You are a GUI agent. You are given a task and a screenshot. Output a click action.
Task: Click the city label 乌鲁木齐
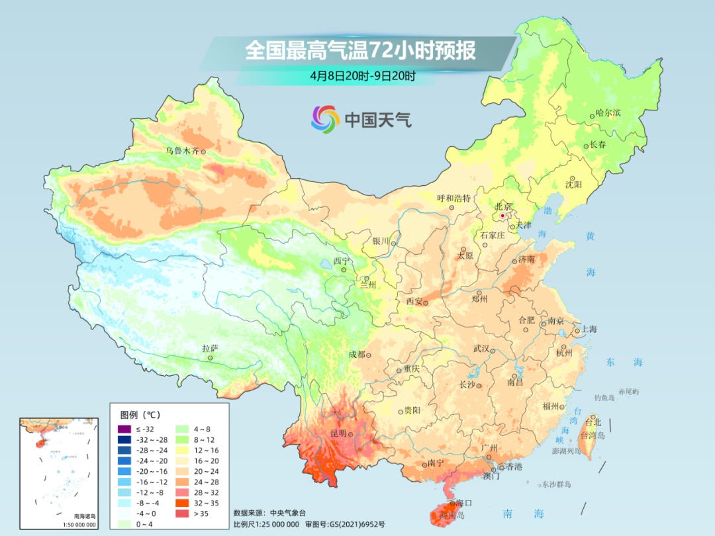pyautogui.click(x=181, y=151)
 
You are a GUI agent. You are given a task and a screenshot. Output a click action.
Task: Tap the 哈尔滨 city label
pyautogui.click(x=608, y=113)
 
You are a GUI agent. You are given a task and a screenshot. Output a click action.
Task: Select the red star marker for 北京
pyautogui.click(x=503, y=216)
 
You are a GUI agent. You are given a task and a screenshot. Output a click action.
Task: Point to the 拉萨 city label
pyautogui.click(x=210, y=348)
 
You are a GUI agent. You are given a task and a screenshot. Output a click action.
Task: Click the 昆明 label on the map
pyautogui.click(x=338, y=433)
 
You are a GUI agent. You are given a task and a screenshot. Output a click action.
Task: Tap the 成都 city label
pyautogui.click(x=356, y=355)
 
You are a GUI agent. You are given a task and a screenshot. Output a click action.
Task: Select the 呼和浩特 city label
pyautogui.click(x=453, y=198)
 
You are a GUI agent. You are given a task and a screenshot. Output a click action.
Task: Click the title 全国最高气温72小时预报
pyautogui.click(x=360, y=51)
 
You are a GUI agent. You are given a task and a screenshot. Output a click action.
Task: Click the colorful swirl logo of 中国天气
pyautogui.click(x=326, y=119)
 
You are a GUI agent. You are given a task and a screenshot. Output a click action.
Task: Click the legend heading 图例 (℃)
pyautogui.click(x=140, y=415)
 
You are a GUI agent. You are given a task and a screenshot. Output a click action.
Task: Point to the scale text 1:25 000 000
pyautogui.click(x=272, y=524)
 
